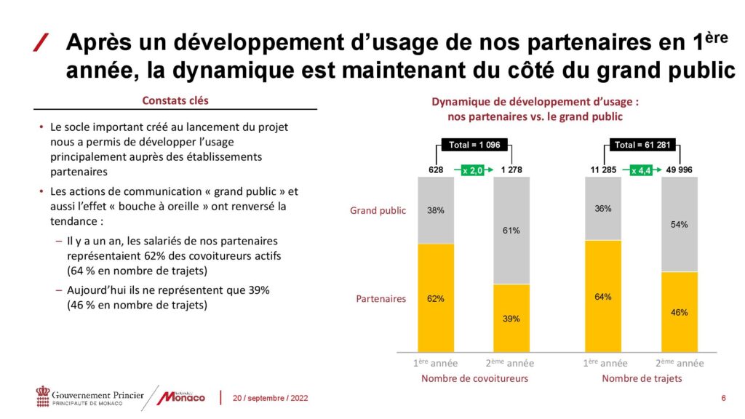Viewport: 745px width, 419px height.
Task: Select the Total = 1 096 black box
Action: click(x=474, y=145)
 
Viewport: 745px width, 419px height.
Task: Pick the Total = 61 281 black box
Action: click(x=641, y=145)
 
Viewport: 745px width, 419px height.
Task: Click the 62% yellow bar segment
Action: click(x=436, y=298)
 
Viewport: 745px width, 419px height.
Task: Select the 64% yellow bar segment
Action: click(x=603, y=296)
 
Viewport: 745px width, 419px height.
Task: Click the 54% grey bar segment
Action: click(x=679, y=225)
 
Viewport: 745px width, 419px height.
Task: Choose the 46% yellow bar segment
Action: click(x=679, y=312)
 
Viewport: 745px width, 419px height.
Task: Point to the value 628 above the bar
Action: click(x=436, y=170)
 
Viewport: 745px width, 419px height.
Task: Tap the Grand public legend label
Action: click(x=378, y=211)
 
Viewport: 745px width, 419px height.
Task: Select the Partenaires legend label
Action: click(x=381, y=298)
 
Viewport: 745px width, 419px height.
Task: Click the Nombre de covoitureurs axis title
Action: click(x=475, y=378)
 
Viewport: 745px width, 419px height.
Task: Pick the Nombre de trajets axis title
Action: click(x=641, y=378)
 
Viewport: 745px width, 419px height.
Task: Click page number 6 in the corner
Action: click(x=723, y=398)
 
